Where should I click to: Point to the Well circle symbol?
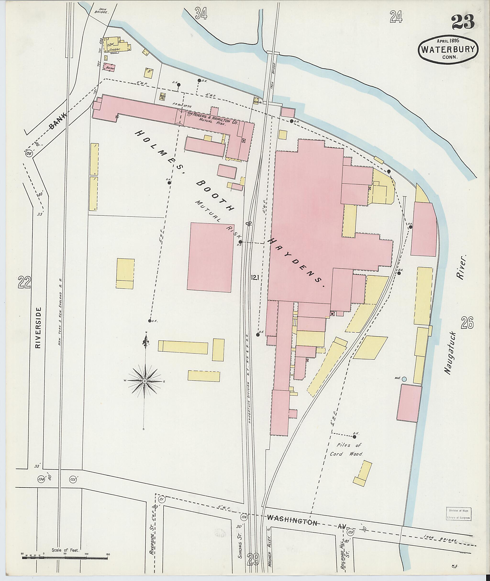coord(404,379)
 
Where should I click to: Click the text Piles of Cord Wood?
coord(346,450)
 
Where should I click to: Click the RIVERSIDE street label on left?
coord(38,327)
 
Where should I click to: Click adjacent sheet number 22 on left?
coord(24,283)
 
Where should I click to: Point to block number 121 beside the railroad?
coord(255,277)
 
